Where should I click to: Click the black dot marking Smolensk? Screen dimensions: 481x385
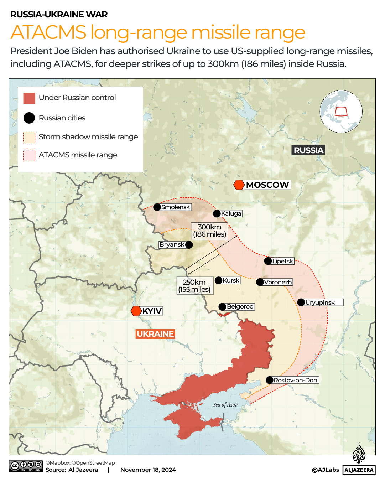(157, 207)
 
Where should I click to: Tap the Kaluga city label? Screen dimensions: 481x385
(231, 213)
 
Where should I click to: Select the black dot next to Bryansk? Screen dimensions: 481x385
(189, 245)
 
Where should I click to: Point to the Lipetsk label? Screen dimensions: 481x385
(283, 261)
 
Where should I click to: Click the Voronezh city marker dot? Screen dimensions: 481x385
(260, 282)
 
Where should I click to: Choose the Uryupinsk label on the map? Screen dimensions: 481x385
(320, 302)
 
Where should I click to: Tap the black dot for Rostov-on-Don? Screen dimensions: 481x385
(270, 380)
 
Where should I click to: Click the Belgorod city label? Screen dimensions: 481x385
(240, 307)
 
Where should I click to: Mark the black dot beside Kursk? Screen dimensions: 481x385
(219, 281)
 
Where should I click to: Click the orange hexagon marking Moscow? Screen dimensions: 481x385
(239, 185)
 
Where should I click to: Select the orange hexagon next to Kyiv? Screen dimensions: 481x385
(136, 311)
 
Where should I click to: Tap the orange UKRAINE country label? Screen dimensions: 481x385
(155, 334)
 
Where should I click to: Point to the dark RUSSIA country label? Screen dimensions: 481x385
(308, 150)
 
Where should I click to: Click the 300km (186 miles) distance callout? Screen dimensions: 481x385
(209, 231)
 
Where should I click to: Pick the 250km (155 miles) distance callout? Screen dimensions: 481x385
(194, 286)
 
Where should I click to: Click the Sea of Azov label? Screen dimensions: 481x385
(225, 405)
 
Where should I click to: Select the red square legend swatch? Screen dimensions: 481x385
(29, 98)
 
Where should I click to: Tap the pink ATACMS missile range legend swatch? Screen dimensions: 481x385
(29, 156)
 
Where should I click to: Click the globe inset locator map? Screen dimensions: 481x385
(341, 112)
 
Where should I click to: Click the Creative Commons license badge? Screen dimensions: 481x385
(26, 466)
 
